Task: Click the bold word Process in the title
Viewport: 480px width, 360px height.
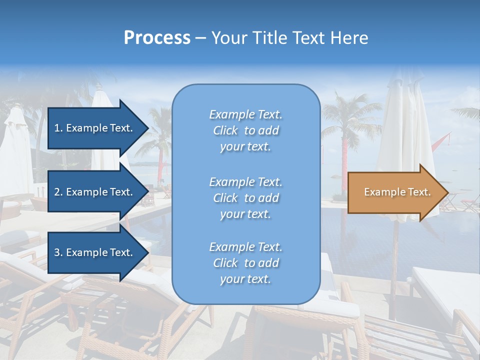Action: tap(157, 38)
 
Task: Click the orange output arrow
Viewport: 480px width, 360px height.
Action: tap(395, 192)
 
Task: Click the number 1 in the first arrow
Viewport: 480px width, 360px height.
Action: tap(57, 128)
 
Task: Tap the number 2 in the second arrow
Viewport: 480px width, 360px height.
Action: tap(57, 192)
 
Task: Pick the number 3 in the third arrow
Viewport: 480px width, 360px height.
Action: tap(57, 252)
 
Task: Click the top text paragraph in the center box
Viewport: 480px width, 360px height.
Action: tap(245, 130)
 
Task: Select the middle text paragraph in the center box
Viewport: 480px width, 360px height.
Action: tap(245, 198)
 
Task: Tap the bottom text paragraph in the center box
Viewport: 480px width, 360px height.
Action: tap(245, 263)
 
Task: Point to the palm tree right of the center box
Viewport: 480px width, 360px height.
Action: tap(345, 125)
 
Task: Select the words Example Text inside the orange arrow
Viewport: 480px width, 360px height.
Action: tap(397, 192)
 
